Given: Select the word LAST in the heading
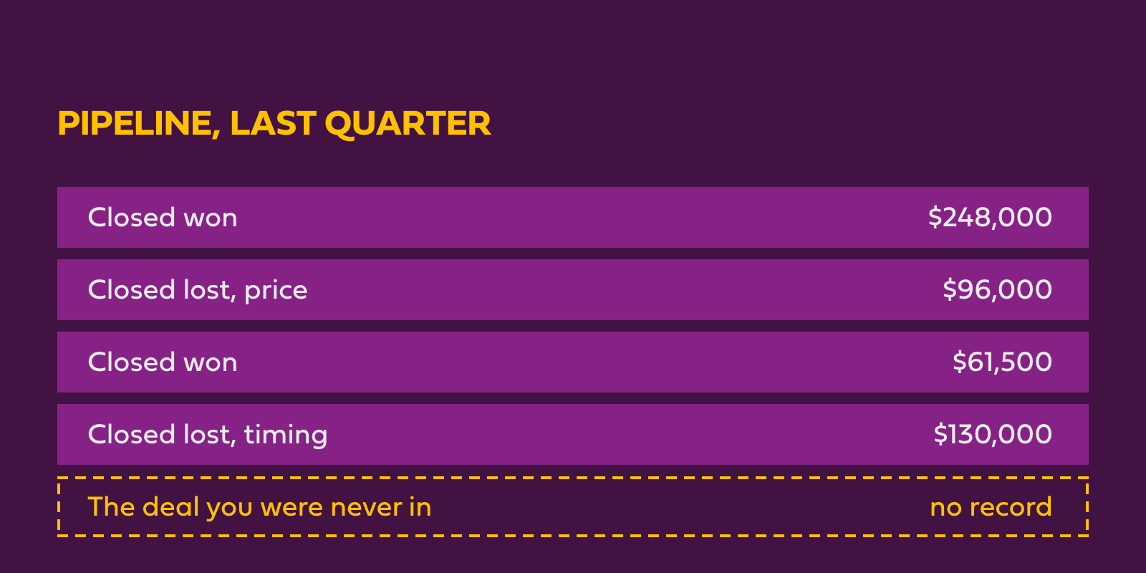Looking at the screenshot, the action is (x=273, y=123).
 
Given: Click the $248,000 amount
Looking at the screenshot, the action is (x=990, y=218).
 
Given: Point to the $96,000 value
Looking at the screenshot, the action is (x=997, y=289).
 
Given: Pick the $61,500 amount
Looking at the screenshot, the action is (x=1002, y=362).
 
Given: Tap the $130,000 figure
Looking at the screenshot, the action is (x=993, y=434).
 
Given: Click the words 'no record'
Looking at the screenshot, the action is (x=991, y=508).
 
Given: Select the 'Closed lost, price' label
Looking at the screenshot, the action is (x=198, y=291).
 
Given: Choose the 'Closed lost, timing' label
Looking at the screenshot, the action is (x=208, y=435).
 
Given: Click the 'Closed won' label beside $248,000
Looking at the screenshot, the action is (x=163, y=218).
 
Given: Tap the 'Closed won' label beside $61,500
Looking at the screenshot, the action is (x=163, y=362).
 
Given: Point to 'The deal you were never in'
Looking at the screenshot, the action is (x=260, y=508).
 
